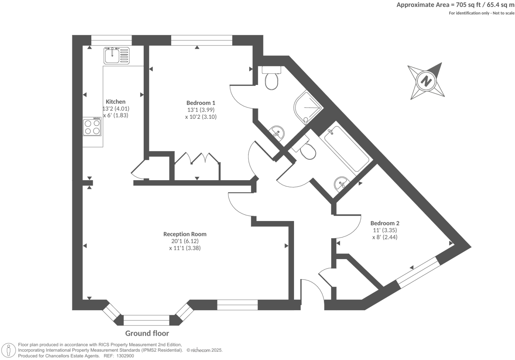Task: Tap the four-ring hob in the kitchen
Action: click(x=92, y=127)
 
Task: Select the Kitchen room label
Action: click(x=115, y=102)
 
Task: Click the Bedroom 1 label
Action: click(x=201, y=103)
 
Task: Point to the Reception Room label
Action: click(x=185, y=234)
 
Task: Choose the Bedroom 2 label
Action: click(x=385, y=223)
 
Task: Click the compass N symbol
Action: click(x=426, y=81)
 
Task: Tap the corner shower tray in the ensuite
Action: click(x=307, y=107)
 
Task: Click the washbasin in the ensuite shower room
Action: click(x=277, y=133)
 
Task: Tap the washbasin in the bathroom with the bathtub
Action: click(x=341, y=183)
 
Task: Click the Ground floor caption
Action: click(x=147, y=333)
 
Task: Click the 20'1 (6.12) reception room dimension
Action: click(x=185, y=241)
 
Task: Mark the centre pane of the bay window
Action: click(x=146, y=321)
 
